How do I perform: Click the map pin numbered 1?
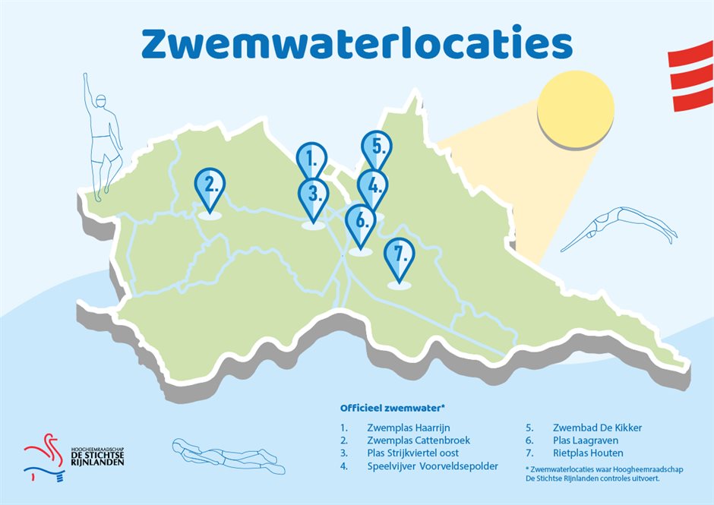pyautogui.click(x=310, y=160)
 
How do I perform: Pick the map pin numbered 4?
pyautogui.click(x=372, y=186)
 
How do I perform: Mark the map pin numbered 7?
pyautogui.click(x=400, y=256)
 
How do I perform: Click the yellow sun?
pyautogui.click(x=573, y=107)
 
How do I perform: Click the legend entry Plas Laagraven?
pyautogui.click(x=586, y=440)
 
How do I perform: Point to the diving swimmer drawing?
pyautogui.click(x=623, y=229)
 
